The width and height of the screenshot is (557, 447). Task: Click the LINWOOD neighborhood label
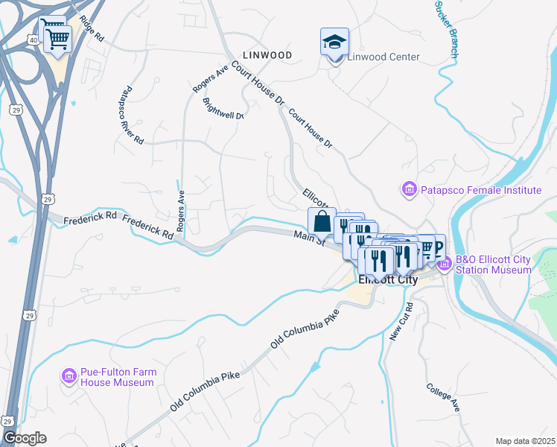click(267, 55)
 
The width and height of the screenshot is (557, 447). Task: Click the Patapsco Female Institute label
click(480, 191)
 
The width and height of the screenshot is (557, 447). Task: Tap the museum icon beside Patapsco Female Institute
click(409, 191)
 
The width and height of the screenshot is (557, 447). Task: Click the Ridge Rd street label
click(91, 28)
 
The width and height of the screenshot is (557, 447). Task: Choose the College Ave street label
click(444, 397)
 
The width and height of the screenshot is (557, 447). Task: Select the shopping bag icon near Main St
click(322, 222)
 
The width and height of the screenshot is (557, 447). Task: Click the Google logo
click(25, 438)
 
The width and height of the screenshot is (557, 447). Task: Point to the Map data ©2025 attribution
click(525, 441)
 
